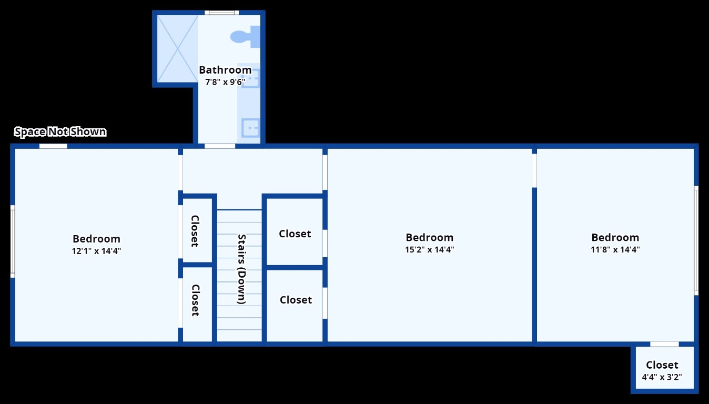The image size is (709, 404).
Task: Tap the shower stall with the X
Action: point(177,49)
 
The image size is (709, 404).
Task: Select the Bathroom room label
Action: point(225,70)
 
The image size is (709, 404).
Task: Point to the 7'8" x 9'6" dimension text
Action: point(225,82)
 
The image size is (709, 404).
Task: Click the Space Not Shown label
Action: point(60,132)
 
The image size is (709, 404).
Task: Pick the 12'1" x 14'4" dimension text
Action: point(96,251)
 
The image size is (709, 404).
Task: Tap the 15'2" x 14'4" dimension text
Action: point(429,250)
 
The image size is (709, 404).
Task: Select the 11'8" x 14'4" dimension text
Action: point(615,250)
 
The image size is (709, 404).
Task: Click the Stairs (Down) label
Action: point(241,269)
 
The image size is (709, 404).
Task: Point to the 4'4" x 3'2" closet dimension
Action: point(662,377)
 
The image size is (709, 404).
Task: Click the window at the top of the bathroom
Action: point(221,13)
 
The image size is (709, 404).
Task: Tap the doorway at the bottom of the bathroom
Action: point(220,146)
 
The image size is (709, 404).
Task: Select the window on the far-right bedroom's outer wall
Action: point(696,240)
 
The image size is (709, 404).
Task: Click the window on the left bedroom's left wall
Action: point(13,241)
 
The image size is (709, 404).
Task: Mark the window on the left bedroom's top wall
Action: point(53,146)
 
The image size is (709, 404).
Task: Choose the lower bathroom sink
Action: point(251,128)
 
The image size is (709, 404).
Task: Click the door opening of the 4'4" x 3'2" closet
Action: point(664,344)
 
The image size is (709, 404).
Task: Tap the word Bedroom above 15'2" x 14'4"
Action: point(429,238)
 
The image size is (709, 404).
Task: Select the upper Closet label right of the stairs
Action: point(295,234)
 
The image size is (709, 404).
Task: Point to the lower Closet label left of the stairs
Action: point(195,300)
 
